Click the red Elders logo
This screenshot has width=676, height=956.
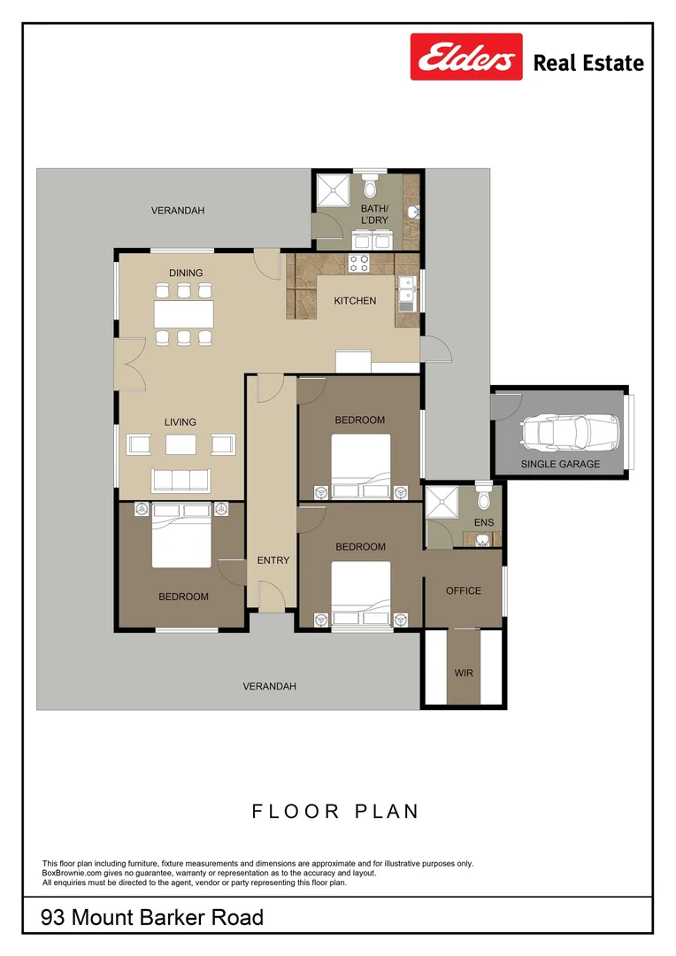(x=466, y=57)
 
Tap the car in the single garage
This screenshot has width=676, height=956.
(x=571, y=432)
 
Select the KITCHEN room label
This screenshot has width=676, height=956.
(x=355, y=301)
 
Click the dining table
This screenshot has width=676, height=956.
(x=183, y=314)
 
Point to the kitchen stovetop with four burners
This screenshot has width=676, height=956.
(x=358, y=263)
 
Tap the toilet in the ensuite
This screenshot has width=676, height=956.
(x=484, y=497)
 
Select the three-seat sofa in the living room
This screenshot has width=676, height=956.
(x=181, y=481)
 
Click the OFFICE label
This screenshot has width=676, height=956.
(x=464, y=590)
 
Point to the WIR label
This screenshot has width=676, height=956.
(x=464, y=673)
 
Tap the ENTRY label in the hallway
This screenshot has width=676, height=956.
(x=273, y=560)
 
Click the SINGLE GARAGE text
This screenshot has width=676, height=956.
(x=560, y=464)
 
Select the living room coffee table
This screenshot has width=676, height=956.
(x=181, y=444)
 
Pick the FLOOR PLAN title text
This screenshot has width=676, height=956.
(x=336, y=812)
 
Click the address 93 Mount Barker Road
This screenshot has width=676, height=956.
(x=152, y=917)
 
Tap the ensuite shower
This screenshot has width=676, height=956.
(x=441, y=502)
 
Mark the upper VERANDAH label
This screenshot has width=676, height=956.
(x=178, y=211)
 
